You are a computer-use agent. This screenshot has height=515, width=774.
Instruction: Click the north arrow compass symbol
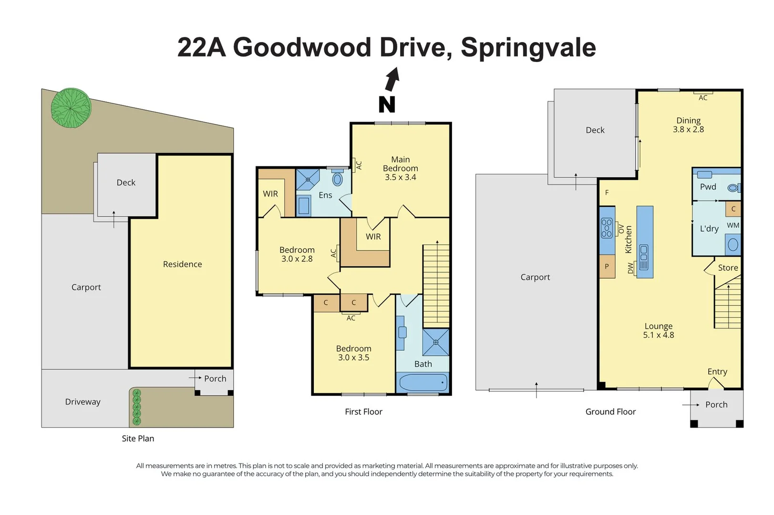(392, 79)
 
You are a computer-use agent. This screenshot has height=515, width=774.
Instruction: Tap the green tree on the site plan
(71, 108)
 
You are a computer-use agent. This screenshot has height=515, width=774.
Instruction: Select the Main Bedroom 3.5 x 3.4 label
(401, 168)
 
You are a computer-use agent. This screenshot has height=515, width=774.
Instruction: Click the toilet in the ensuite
(338, 179)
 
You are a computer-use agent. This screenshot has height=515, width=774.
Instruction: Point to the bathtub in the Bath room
(423, 382)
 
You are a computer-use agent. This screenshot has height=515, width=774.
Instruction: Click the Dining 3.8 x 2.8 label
(688, 125)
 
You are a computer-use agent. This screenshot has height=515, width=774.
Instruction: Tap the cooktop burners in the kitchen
(607, 228)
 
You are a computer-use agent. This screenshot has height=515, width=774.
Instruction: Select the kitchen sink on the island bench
(644, 257)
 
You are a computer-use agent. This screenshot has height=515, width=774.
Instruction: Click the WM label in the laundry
(733, 225)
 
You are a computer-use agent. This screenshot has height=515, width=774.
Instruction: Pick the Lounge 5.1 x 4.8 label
(658, 330)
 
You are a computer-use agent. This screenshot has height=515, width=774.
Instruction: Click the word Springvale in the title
(528, 47)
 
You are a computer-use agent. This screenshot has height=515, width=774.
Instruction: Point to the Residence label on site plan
(182, 264)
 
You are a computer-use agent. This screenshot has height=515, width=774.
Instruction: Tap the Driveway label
(83, 402)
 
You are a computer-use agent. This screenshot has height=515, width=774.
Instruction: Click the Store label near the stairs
(728, 268)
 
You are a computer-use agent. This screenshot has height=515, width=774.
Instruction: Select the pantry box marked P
(607, 267)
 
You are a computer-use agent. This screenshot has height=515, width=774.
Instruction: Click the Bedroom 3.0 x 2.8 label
(297, 254)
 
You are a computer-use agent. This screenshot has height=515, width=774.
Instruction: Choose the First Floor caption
(363, 412)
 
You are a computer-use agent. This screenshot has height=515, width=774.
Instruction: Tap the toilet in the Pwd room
(733, 188)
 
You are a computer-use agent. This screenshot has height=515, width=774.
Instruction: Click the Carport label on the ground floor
(535, 277)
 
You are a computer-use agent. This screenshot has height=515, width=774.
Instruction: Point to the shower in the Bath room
(435, 342)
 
